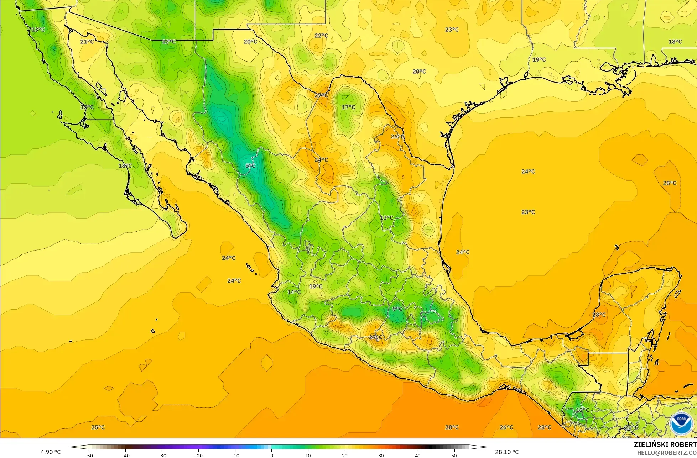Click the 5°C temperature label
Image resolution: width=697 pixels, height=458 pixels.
click(250, 165)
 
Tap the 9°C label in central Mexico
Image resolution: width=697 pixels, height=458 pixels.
click(397, 309)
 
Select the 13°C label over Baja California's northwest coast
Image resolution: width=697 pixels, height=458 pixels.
click(38, 30)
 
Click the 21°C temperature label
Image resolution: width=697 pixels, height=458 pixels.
click(87, 42)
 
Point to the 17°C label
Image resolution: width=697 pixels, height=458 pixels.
click(348, 107)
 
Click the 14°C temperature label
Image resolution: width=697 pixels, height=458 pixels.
click(294, 292)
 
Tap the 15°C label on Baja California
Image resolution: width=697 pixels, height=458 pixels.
click(87, 107)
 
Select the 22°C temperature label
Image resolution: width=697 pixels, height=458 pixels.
click(321, 36)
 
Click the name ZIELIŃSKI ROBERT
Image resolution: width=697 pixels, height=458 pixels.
click(665, 444)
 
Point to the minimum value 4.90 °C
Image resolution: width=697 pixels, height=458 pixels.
click(51, 452)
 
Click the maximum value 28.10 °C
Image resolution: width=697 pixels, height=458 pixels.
click(507, 452)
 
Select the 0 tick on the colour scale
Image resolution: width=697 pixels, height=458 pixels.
click(271, 455)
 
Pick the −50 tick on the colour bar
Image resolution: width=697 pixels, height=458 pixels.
click(89, 455)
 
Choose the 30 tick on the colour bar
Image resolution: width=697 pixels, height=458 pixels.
click(381, 455)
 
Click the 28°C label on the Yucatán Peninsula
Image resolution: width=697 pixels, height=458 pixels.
click(599, 315)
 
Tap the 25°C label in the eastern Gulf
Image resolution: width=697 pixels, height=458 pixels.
click(670, 183)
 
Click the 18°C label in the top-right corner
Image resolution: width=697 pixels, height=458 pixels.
click(675, 42)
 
